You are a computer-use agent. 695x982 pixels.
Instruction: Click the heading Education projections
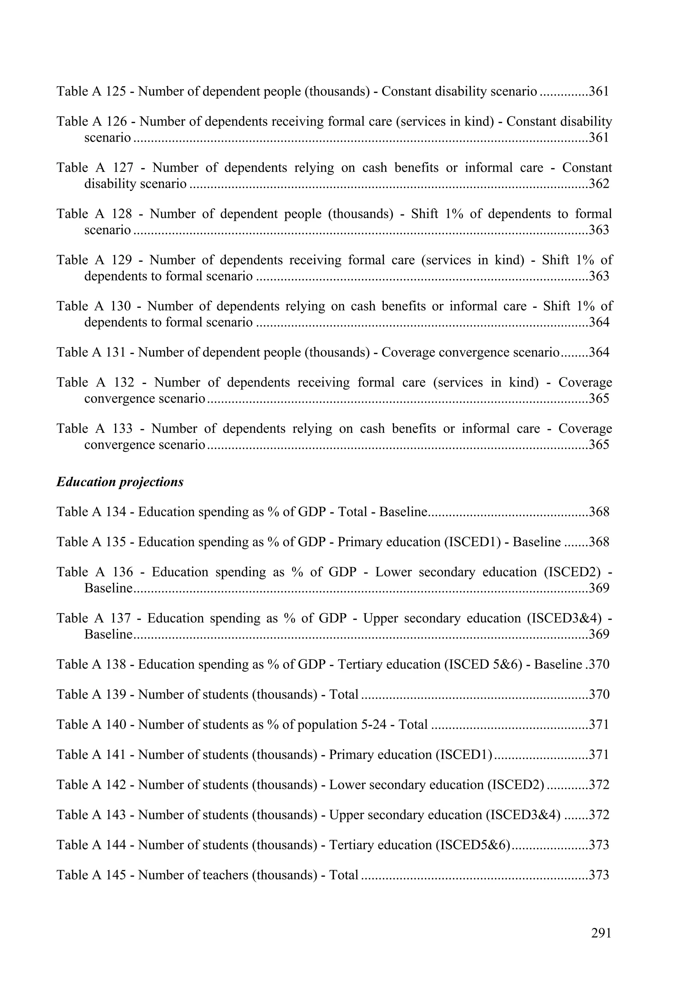pyautogui.click(x=120, y=482)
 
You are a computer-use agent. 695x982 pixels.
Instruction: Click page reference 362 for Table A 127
pyautogui.click(x=599, y=184)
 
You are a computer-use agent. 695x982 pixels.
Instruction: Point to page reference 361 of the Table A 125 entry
pyautogui.click(x=599, y=92)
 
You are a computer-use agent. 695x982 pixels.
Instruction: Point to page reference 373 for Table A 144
pyautogui.click(x=599, y=845)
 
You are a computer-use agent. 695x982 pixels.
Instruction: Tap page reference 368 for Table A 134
pyautogui.click(x=599, y=512)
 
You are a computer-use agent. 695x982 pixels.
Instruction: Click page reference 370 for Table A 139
pyautogui.click(x=599, y=695)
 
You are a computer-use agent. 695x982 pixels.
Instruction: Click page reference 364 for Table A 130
pyautogui.click(x=599, y=322)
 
